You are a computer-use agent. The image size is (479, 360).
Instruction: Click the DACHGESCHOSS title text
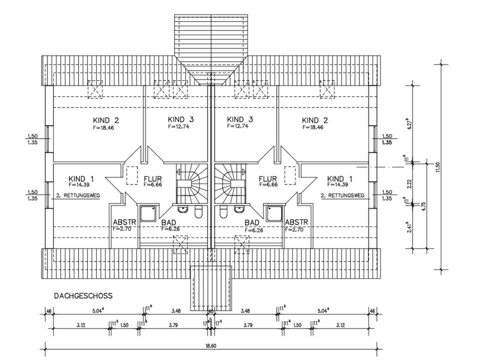coord(83,296)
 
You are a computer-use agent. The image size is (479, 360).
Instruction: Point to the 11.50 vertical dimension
coord(438,167)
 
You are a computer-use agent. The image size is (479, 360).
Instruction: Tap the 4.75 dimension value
coord(423,206)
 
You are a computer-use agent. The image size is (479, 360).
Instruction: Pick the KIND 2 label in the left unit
coord(106,120)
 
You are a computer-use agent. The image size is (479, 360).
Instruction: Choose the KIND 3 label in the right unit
coord(240,120)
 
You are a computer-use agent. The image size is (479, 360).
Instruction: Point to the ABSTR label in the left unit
coord(122,222)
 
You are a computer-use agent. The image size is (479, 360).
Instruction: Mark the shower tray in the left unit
coord(149,214)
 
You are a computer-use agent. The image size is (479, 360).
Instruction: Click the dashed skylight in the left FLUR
coord(132,175)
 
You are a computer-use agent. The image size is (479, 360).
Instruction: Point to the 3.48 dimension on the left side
coord(175,312)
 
